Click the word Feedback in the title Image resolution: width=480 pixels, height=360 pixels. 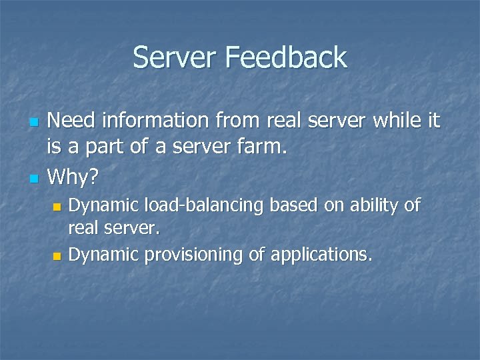pyautogui.click(x=286, y=57)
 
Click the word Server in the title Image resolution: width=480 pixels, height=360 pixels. pyautogui.click(x=175, y=57)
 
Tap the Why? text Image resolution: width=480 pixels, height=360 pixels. pyautogui.click(x=73, y=177)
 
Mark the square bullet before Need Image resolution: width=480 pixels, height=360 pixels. pyautogui.click(x=35, y=123)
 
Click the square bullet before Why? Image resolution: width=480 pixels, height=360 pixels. pyautogui.click(x=35, y=179)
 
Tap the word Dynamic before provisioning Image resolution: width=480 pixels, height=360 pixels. pyautogui.click(x=99, y=255)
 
